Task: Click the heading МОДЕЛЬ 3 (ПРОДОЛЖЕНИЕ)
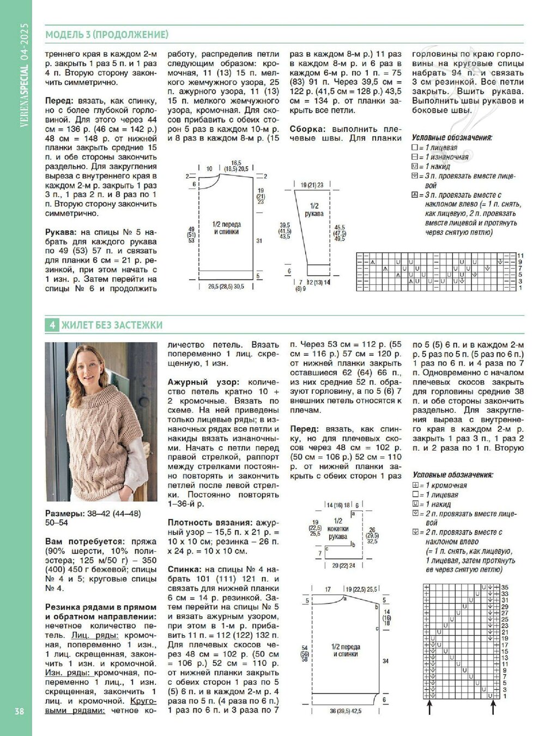coord(107,35)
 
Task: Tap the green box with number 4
coord(52,325)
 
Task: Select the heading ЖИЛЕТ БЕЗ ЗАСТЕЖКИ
coord(112,325)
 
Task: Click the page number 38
coord(19,711)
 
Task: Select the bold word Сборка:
coord(307,129)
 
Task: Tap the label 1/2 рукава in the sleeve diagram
coord(314,210)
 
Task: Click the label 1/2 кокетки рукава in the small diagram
coord(338,528)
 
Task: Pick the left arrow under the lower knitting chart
coord(430,708)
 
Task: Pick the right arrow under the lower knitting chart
coord(493,708)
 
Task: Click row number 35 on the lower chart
coord(505,587)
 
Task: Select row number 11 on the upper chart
coord(520,256)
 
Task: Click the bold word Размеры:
coord(64,513)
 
